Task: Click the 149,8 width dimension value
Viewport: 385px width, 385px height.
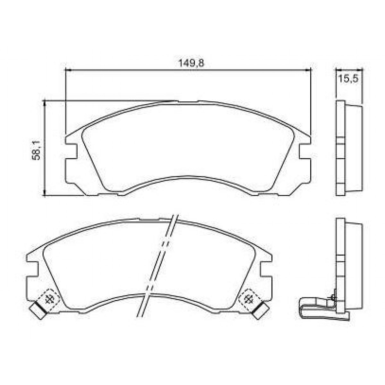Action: pos(191,63)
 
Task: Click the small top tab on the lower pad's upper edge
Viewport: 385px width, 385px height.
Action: pos(150,219)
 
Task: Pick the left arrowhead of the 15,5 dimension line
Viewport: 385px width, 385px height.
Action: pos(338,69)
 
